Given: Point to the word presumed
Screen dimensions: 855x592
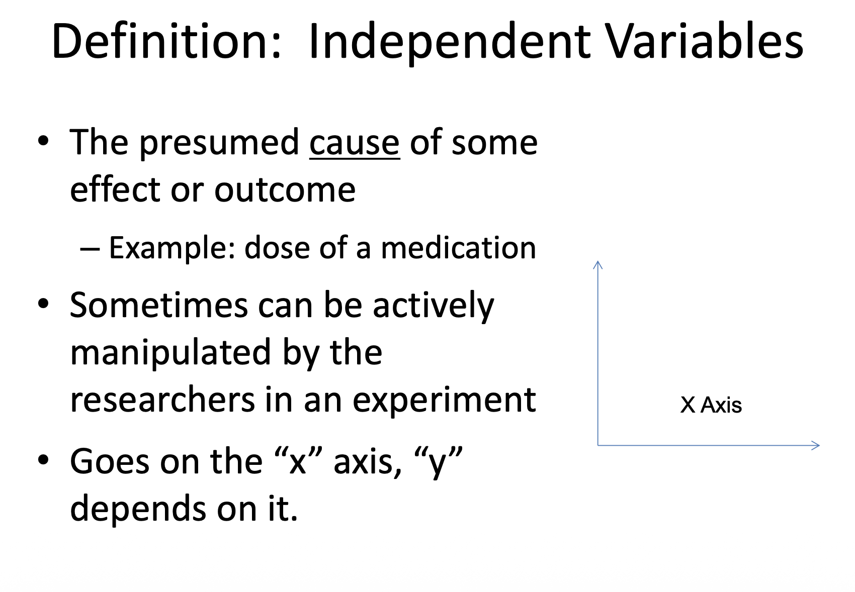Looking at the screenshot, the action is click(219, 144).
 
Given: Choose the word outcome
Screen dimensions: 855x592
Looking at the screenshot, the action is click(285, 190).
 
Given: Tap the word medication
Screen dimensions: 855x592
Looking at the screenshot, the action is click(458, 248).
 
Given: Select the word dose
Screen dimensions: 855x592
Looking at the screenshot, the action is click(277, 248).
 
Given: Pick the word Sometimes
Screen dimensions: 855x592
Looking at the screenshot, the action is click(159, 305).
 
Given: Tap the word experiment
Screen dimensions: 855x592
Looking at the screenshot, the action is click(444, 401).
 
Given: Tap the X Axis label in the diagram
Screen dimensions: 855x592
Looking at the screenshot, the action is click(711, 405).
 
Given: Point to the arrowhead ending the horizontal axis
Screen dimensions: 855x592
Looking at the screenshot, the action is click(815, 445).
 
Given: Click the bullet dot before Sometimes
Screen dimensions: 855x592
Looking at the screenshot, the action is click(44, 304).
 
